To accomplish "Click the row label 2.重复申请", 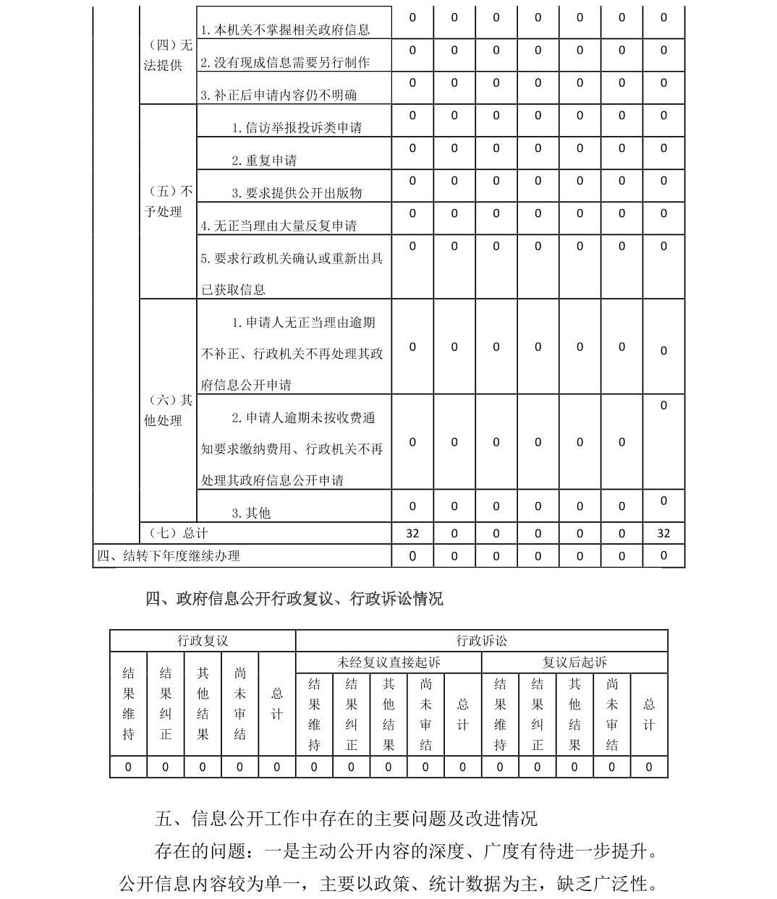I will click(264, 161).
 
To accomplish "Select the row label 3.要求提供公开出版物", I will click(297, 193).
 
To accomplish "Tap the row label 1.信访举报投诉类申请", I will click(297, 128).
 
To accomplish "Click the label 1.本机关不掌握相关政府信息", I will click(285, 30).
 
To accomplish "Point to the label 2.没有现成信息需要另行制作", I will click(285, 63).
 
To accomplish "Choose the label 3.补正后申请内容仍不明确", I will click(279, 95).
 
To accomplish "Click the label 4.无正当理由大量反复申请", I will click(279, 226).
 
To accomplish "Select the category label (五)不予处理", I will click(168, 202).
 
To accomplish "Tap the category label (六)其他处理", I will click(168, 410).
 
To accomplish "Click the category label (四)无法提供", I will click(168, 55).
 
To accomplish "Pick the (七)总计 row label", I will click(178, 533).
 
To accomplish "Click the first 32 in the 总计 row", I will click(412, 534).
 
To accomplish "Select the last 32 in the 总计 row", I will click(663, 534).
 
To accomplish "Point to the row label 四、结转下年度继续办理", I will click(169, 555).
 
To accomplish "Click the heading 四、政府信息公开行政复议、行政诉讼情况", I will click(294, 599).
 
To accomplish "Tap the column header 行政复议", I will click(203, 641).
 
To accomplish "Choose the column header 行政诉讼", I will click(482, 641).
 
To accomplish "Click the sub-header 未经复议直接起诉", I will click(388, 662).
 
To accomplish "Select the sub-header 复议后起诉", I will click(574, 662).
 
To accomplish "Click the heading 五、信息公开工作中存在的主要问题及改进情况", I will click(346, 819).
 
